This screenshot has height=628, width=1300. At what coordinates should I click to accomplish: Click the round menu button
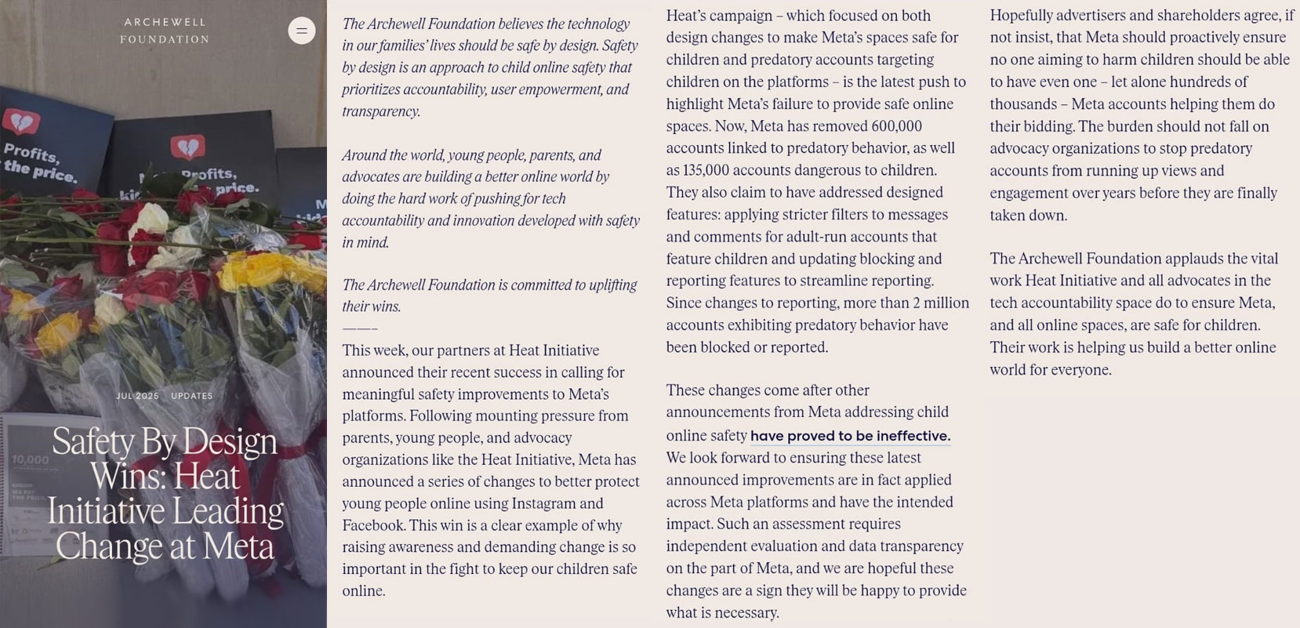302,31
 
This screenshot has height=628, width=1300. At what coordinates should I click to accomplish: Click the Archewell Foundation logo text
165,31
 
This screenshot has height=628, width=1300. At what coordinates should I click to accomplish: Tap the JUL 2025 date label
137,396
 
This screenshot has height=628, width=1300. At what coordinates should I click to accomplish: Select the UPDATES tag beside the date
192,396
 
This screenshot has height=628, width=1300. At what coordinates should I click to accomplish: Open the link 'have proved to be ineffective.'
850,436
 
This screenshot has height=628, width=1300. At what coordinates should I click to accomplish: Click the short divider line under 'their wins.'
360,329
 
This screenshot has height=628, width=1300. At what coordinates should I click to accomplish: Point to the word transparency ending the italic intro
379,111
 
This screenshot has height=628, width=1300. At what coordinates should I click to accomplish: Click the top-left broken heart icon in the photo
21,122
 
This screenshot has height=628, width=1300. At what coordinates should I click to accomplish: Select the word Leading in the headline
227,511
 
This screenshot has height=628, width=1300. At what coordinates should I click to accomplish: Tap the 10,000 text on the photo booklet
30,459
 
